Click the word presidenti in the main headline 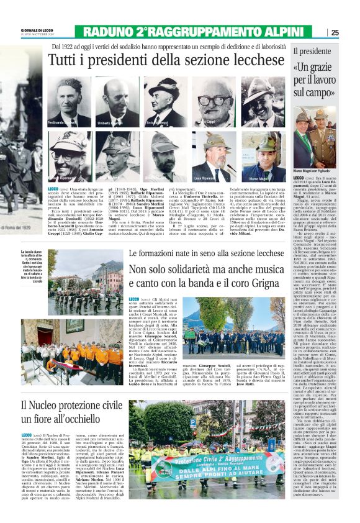(153, 61)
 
